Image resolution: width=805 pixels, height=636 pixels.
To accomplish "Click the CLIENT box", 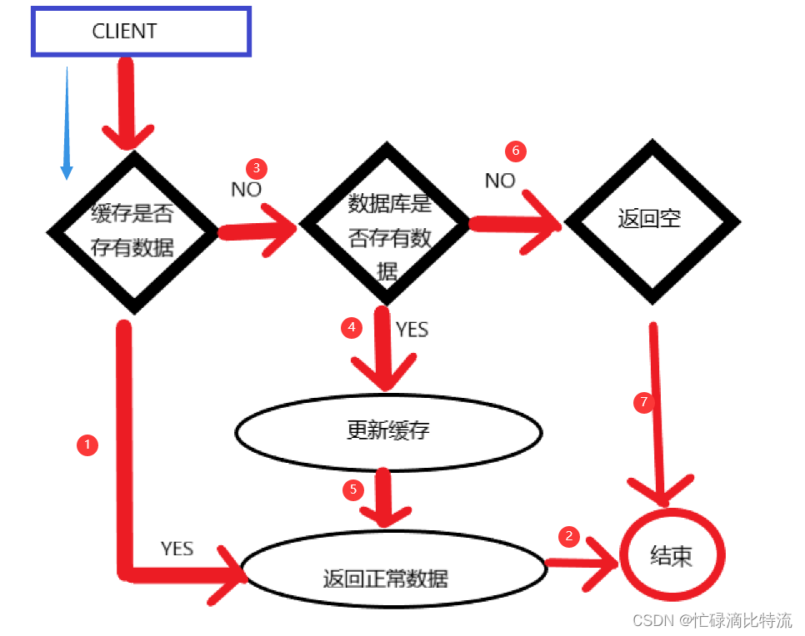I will (x=141, y=32).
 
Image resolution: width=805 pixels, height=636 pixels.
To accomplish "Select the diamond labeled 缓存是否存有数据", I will (x=133, y=231).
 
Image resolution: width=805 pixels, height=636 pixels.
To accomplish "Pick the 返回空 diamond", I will (x=651, y=221).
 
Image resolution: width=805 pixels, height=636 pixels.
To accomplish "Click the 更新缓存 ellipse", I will (x=388, y=431).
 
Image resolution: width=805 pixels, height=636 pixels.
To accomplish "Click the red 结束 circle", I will (x=671, y=555).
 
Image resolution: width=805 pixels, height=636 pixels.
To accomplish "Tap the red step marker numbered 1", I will (x=87, y=445).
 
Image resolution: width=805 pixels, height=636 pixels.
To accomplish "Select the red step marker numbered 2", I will (x=569, y=536).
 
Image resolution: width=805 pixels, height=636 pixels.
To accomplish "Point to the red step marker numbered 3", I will (x=256, y=167).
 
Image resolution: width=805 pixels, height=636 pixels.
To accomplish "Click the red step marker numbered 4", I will (x=352, y=327).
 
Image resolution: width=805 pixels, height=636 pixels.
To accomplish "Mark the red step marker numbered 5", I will (x=352, y=489).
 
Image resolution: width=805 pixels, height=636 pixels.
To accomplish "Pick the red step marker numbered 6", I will (x=516, y=151).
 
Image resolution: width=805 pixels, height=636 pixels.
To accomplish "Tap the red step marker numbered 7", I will (x=642, y=403).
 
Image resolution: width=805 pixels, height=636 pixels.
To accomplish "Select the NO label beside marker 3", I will (x=246, y=189).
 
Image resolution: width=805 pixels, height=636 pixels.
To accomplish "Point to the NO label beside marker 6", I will (x=500, y=181).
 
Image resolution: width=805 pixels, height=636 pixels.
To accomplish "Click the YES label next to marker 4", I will (x=412, y=330).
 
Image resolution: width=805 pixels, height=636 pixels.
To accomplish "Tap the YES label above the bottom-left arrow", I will (x=177, y=549).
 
